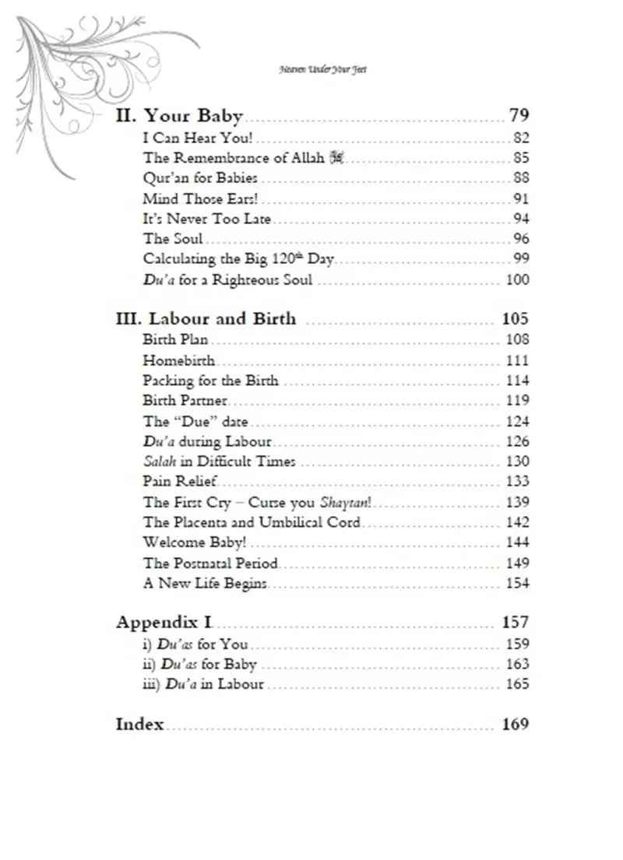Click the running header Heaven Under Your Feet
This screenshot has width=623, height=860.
point(322,69)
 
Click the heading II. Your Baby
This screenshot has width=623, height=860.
point(179,117)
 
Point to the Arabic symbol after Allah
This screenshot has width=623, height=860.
point(336,159)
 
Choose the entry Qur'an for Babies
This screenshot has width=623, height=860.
point(200,179)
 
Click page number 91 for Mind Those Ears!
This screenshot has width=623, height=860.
point(521,199)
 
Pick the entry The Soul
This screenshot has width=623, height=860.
point(173,240)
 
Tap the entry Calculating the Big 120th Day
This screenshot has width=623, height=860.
point(239,260)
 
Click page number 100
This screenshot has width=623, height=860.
point(517,280)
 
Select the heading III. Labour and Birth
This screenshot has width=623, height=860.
point(206,319)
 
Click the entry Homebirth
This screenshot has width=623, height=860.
point(178,360)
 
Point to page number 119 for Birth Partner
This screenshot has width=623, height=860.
point(517,401)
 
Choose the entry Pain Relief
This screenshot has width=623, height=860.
point(180,482)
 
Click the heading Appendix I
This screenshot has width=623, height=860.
point(165,623)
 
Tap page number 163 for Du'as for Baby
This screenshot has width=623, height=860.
point(517,665)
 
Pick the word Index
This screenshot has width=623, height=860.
point(140,725)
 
